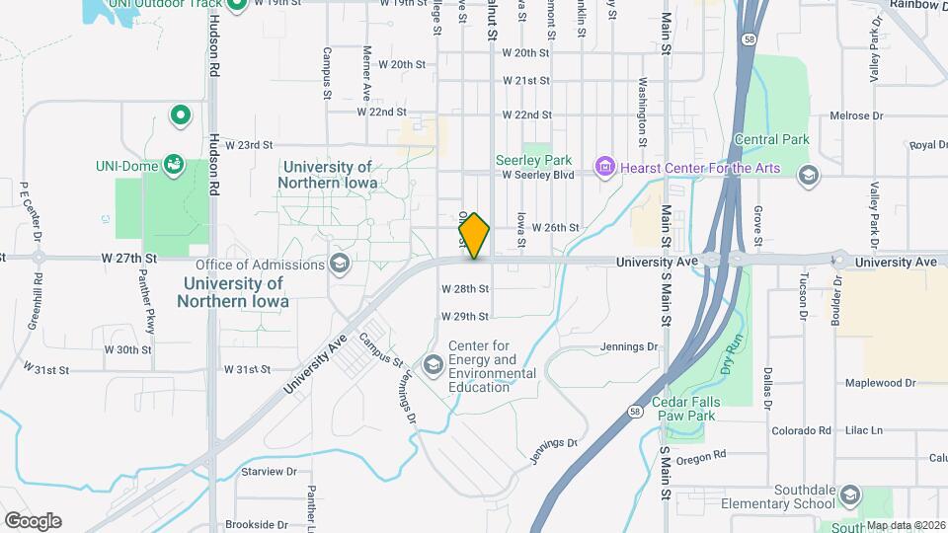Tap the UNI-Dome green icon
(174, 163)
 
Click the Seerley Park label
(533, 160)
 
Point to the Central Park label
(772, 140)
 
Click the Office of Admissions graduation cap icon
(340, 265)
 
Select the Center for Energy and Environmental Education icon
(433, 365)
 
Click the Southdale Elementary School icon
(851, 495)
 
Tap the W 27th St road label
(128, 258)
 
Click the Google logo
(33, 520)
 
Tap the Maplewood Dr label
(880, 382)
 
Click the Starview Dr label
(270, 472)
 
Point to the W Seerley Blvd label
(537, 176)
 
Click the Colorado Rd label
(801, 431)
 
